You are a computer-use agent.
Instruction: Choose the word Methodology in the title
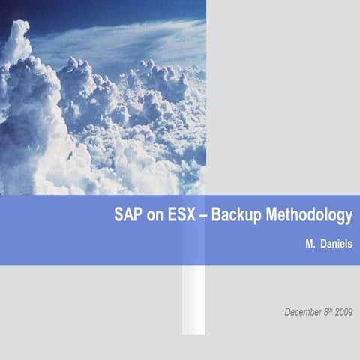tap(308, 217)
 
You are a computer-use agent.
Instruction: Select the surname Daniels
tap(336, 244)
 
